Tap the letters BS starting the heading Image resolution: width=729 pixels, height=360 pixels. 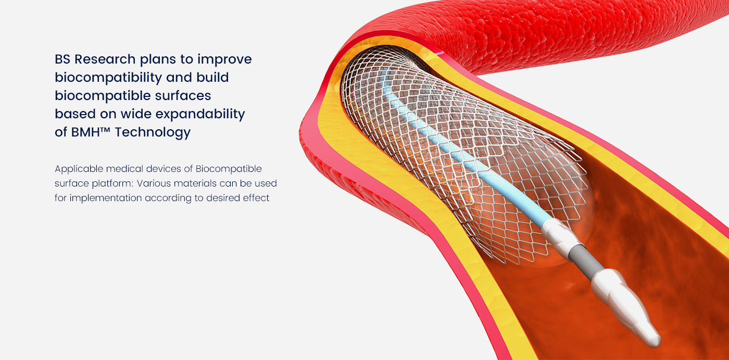62,59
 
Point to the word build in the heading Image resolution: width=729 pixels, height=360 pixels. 212,78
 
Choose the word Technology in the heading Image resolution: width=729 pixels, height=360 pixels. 153,132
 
